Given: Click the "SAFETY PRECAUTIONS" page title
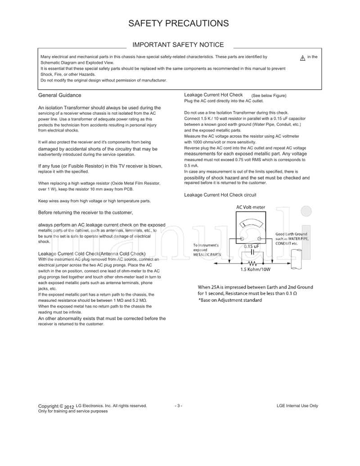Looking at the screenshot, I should (179, 23).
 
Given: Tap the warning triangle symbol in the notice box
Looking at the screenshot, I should (303, 58).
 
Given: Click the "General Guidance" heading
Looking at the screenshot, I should (60, 95).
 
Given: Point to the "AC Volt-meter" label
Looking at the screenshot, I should (251, 207).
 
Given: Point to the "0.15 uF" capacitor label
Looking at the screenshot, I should (251, 246).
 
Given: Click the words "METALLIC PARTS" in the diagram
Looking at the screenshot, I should (207, 255).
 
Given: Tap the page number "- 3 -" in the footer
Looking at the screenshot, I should (178, 406).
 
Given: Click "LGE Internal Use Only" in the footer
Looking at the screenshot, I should (297, 406).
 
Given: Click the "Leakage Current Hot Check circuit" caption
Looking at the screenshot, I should (220, 195).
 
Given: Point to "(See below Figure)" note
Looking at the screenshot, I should (269, 96).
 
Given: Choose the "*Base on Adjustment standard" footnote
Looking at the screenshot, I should (230, 300).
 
